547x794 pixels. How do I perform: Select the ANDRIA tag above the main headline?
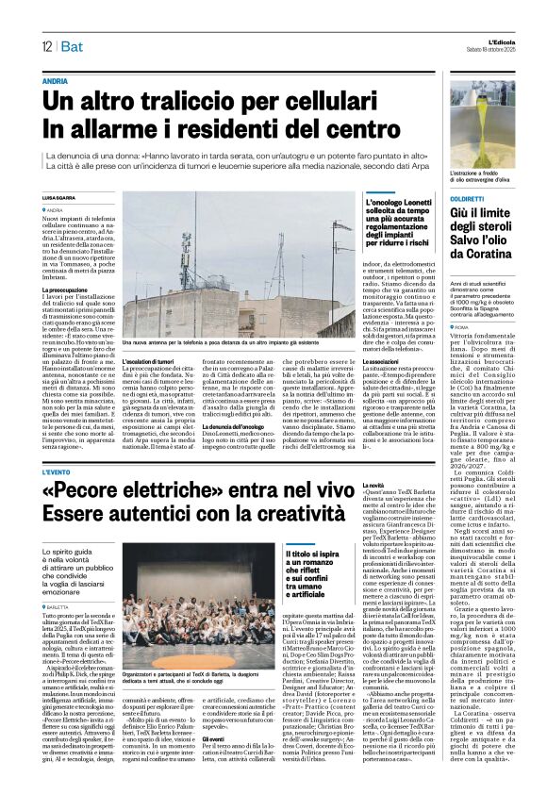tap(55, 82)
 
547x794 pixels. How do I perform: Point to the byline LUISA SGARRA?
tap(59, 197)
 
